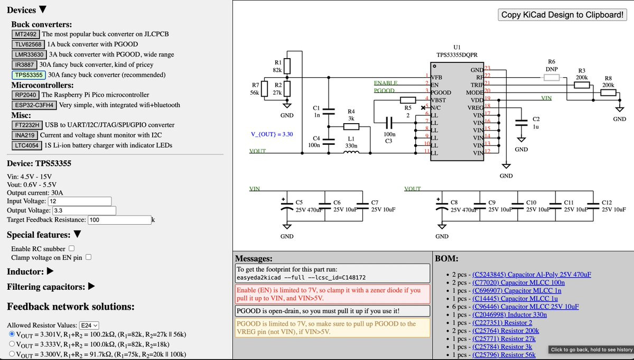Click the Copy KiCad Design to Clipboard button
[x=562, y=15]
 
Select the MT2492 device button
[x=25, y=34]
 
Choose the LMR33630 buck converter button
[x=29, y=54]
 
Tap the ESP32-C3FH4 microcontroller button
[x=34, y=105]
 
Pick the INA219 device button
[x=25, y=135]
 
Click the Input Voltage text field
[x=80, y=201]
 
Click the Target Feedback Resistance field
[x=119, y=220]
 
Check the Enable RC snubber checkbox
[x=72, y=248]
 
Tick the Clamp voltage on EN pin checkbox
[x=89, y=257]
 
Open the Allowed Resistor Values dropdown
[x=89, y=326]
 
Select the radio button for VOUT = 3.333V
[x=12, y=344]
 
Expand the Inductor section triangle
[x=50, y=271]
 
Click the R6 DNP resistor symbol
[x=552, y=77]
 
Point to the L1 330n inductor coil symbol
[x=351, y=152]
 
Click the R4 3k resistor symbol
[x=351, y=127]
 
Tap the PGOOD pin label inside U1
[x=441, y=93]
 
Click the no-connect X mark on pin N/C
[x=423, y=108]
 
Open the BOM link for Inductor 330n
[x=509, y=315]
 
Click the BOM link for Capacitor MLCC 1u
[x=515, y=299]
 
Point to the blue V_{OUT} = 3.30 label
[x=272, y=134]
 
